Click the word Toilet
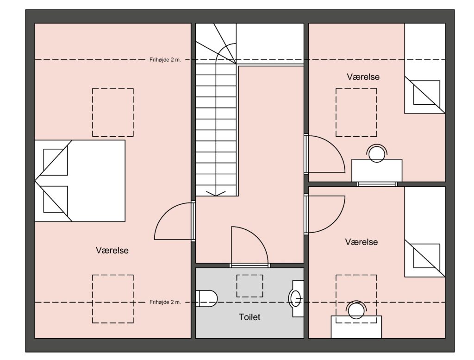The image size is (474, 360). pos(249,317)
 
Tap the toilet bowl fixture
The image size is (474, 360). pos(206,299)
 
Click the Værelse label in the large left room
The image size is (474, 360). pos(112,250)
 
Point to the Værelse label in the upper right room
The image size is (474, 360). pos(363,77)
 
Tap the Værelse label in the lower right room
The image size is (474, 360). pos(362,242)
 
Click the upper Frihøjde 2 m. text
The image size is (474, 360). pos(165,60)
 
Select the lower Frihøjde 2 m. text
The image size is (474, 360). pos(165,302)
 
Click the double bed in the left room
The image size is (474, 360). pos(80,181)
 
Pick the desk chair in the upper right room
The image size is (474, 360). pos(377,153)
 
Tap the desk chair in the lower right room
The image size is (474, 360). pos(356,310)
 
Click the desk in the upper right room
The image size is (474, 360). pos(377,171)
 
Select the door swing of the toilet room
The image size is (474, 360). pos(249,245)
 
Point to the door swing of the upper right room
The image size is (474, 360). pos(326,154)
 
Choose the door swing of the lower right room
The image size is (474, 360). pos(326,214)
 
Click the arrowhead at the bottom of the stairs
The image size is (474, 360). pos(216,194)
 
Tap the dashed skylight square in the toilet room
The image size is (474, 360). pos(249,286)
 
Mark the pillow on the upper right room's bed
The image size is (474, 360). pos(426,93)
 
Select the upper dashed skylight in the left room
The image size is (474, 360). pos(113,112)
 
